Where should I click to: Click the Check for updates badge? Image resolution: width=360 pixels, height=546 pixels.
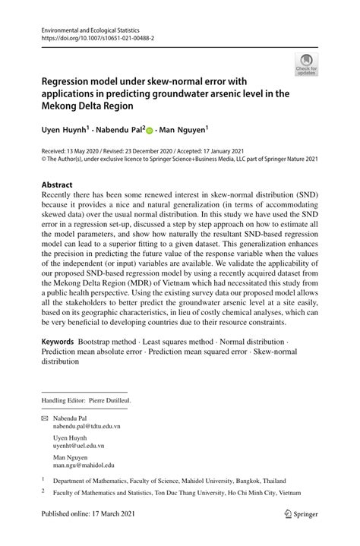(x=306, y=65)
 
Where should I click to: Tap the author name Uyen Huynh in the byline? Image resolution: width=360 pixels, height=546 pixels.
(x=65, y=131)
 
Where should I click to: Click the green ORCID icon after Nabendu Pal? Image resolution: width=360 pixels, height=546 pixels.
(x=149, y=131)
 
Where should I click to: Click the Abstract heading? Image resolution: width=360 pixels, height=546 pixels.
(x=57, y=185)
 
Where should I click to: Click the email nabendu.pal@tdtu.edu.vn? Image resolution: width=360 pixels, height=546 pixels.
(x=87, y=427)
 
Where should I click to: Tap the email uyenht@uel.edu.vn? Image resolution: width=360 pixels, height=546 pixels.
(x=79, y=447)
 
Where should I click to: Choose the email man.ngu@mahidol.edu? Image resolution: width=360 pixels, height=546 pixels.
(x=84, y=465)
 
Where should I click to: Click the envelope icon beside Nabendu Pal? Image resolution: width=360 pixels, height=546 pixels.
(x=46, y=418)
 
